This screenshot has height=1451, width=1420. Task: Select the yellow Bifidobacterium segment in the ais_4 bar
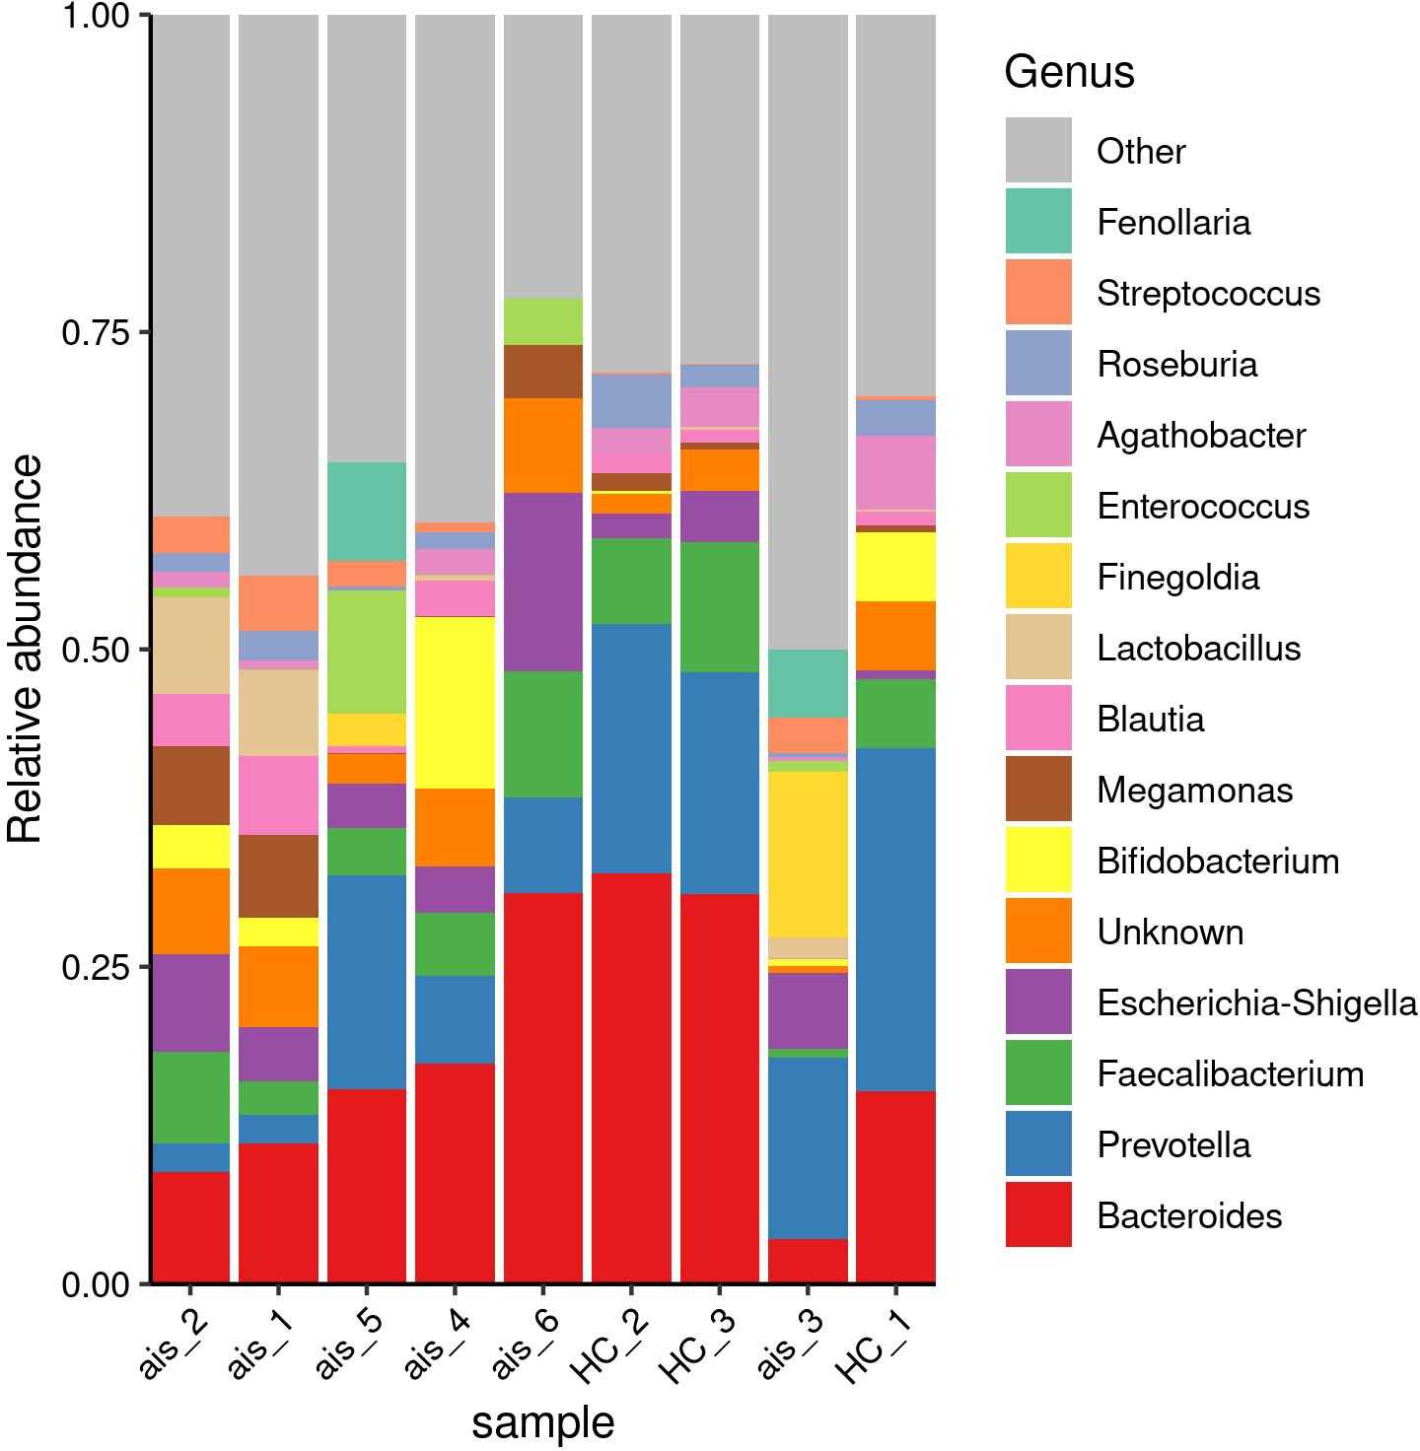455,702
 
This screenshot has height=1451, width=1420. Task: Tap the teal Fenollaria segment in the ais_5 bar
367,511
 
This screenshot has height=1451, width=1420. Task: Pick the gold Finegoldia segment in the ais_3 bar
808,854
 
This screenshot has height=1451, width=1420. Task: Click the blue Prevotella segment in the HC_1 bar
895,919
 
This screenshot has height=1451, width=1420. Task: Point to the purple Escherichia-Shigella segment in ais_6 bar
542,582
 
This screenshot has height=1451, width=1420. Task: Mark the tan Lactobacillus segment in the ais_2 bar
190,645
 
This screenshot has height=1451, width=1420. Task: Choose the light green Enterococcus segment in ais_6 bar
542,321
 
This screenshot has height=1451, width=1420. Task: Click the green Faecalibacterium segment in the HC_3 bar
720,607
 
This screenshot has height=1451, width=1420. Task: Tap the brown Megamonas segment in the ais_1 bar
278,875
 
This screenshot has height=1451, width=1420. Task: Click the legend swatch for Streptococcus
1038,292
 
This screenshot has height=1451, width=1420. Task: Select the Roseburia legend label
1176,365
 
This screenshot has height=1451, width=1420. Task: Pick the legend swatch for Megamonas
1038,789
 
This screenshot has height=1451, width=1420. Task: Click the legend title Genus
1069,72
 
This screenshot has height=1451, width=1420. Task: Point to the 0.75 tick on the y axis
146,332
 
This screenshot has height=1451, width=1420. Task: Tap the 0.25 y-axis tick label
96,967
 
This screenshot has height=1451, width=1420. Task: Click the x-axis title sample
542,1422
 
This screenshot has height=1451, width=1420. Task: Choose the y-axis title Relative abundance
26,649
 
